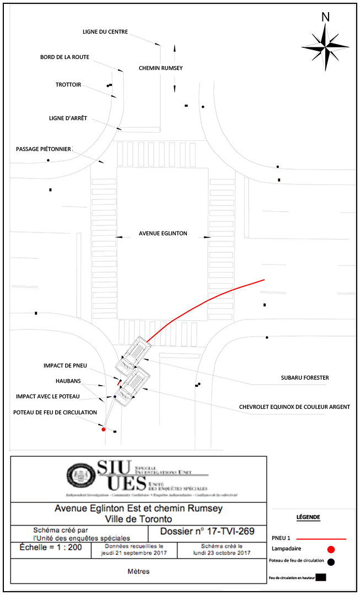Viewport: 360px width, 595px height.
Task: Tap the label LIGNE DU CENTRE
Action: click(x=105, y=32)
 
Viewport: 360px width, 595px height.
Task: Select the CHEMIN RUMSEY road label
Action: click(x=160, y=68)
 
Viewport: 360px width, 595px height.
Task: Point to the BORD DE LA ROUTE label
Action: click(x=65, y=57)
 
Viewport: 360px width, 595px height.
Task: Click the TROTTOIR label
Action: click(x=68, y=85)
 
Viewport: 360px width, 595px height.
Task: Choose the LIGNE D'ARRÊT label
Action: click(x=68, y=118)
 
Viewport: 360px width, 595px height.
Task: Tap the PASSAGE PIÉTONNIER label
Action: click(x=44, y=149)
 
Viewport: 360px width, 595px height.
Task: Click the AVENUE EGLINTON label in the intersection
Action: click(x=163, y=234)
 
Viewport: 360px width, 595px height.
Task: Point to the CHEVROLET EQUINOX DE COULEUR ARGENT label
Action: click(x=294, y=407)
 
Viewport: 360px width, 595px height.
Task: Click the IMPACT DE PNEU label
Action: click(x=65, y=366)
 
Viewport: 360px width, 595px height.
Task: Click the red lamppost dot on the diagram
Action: click(x=104, y=429)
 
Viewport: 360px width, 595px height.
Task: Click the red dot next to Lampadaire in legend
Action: click(x=331, y=549)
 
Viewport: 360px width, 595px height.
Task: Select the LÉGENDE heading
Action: click(x=308, y=517)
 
